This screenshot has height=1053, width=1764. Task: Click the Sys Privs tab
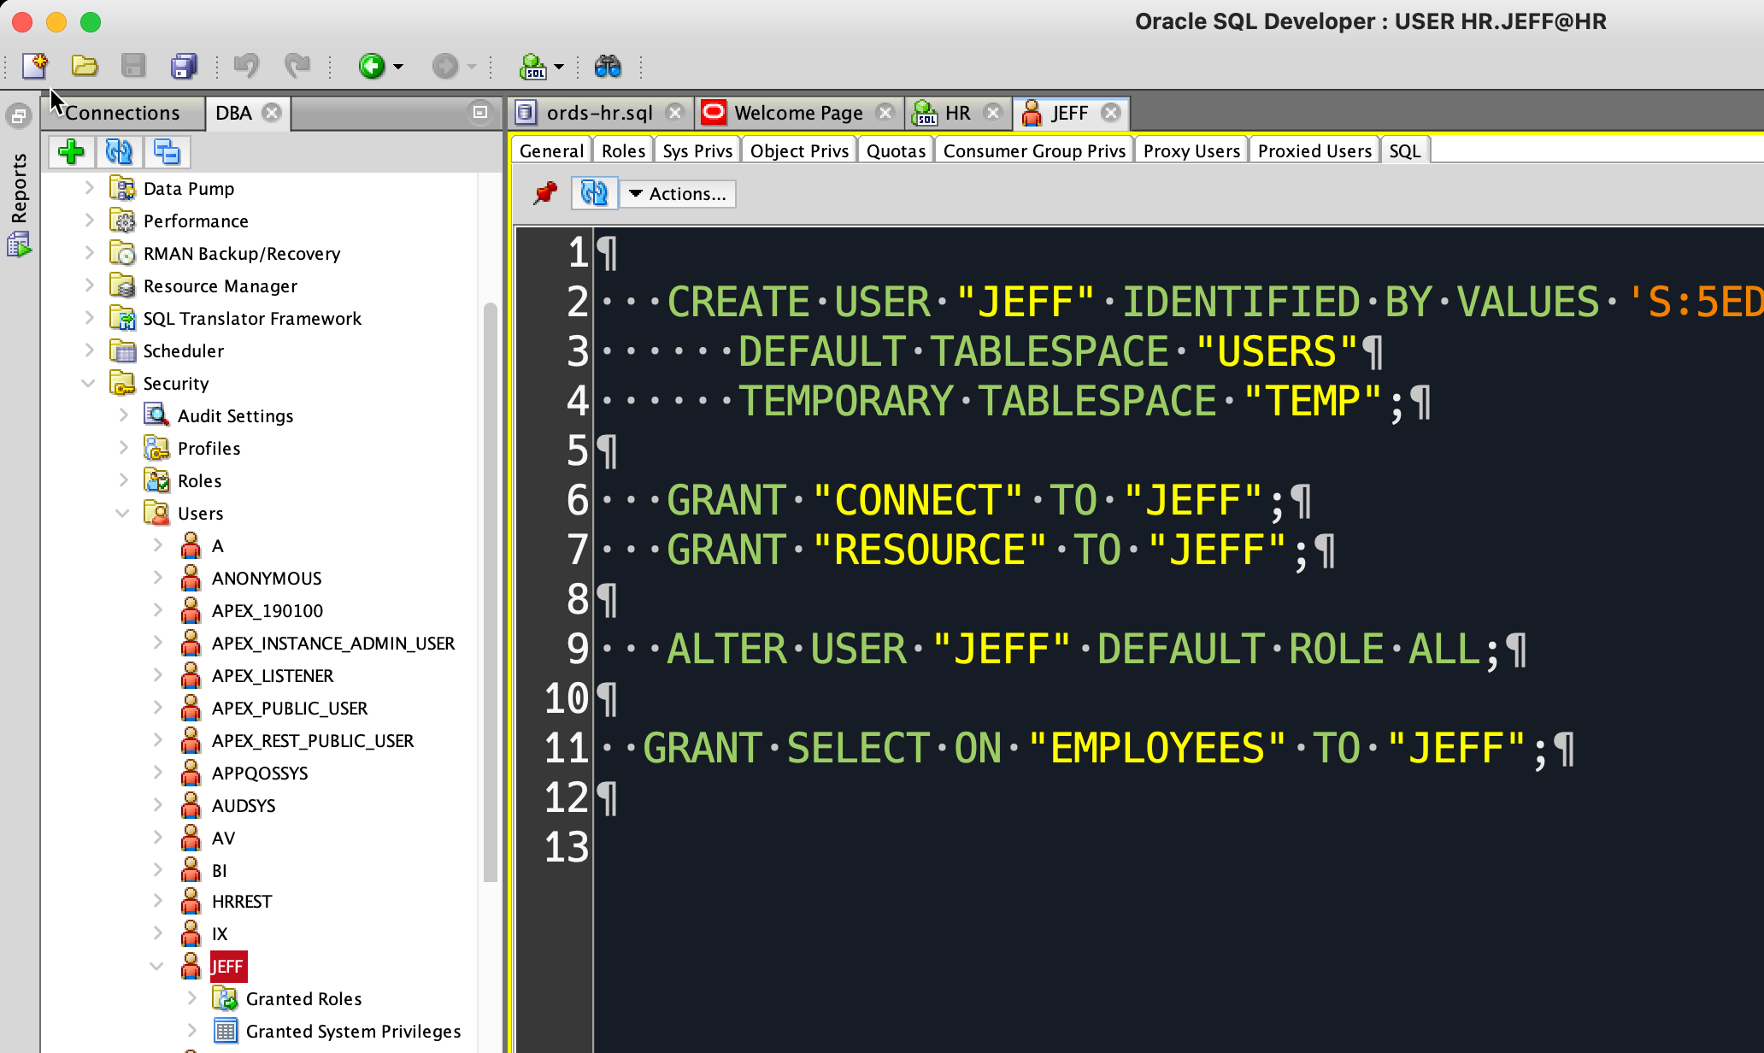point(697,150)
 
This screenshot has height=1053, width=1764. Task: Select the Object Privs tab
point(799,150)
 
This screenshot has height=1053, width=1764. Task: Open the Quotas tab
point(896,150)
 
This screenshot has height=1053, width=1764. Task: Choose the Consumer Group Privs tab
point(1034,150)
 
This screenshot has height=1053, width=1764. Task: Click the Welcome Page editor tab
point(798,113)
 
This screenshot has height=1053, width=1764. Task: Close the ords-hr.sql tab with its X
point(675,113)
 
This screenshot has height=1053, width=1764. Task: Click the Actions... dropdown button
point(678,194)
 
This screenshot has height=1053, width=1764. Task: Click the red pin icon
point(544,193)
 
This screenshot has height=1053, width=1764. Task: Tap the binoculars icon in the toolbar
point(608,66)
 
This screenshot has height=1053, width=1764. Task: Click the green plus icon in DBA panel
point(71,152)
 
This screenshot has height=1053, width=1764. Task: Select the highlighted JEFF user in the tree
point(227,967)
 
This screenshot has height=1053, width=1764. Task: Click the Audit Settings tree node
point(235,416)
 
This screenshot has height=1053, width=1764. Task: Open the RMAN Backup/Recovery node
point(242,254)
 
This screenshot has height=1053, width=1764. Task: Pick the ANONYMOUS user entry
point(267,579)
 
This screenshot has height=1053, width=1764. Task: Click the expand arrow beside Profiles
point(124,448)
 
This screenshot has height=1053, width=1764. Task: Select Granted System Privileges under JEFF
point(353,1032)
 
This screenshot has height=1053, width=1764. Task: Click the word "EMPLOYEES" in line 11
point(1157,749)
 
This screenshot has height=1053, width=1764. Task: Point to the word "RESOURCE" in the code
point(929,550)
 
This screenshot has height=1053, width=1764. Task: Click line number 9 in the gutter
point(578,649)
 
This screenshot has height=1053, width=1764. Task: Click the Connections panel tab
point(122,113)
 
